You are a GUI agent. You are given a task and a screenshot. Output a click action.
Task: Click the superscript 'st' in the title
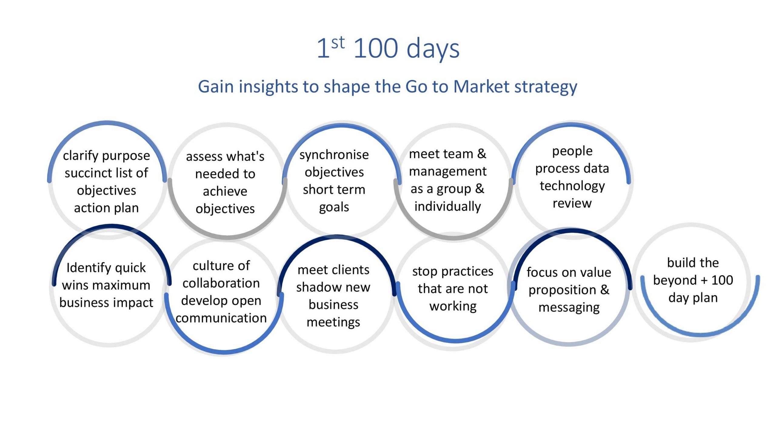[x=338, y=43]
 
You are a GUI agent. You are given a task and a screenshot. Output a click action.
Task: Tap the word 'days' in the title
[x=433, y=49]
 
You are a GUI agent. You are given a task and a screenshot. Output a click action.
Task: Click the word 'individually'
[x=448, y=207]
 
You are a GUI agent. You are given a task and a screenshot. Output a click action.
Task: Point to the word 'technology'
[x=572, y=186]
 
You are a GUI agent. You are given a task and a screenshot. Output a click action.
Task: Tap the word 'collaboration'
[x=221, y=283]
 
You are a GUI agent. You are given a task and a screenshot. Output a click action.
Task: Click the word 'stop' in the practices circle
[x=425, y=272]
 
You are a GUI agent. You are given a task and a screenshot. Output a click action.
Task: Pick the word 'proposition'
[x=562, y=290]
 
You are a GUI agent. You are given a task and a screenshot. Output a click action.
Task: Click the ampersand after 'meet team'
[x=482, y=154]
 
